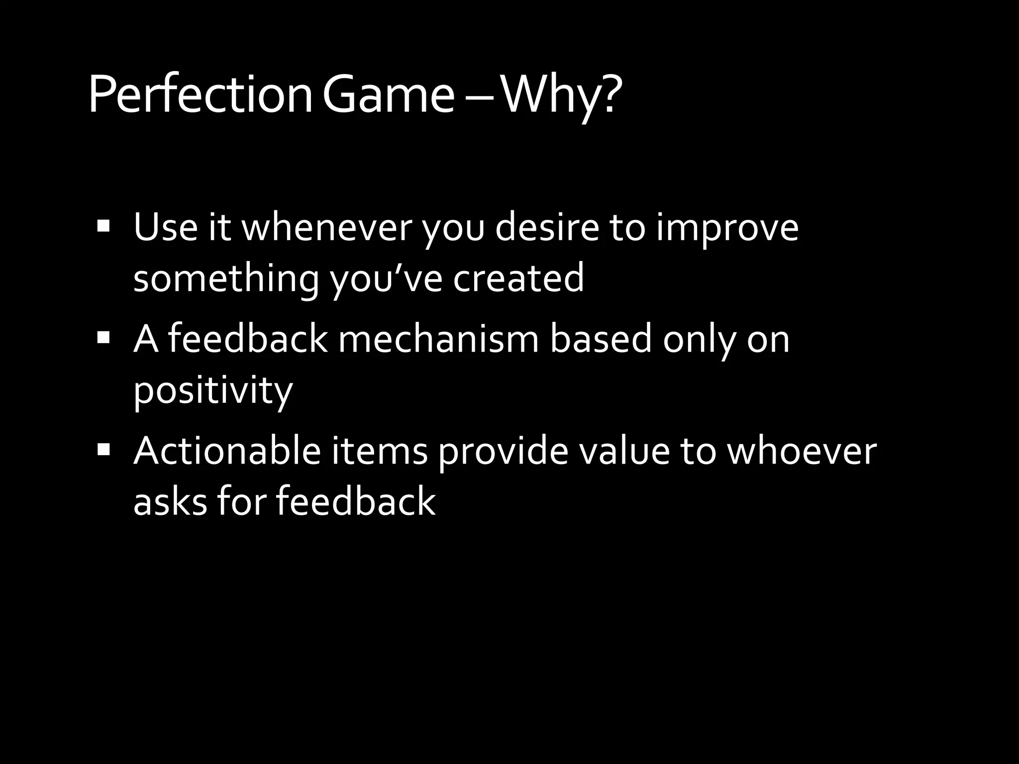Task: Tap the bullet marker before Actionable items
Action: pyautogui.click(x=103, y=451)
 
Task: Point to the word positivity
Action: pyautogui.click(x=213, y=391)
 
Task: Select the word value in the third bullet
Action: pyautogui.click(x=621, y=451)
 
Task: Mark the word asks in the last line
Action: pyautogui.click(x=170, y=501)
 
